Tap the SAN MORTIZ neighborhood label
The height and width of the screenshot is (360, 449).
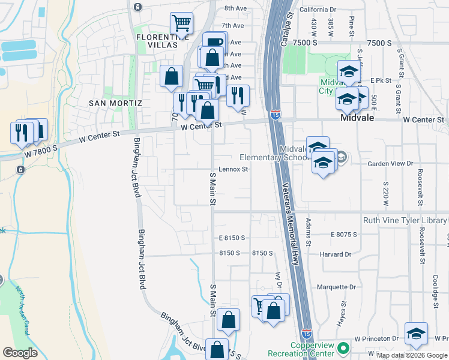pyautogui.click(x=115, y=103)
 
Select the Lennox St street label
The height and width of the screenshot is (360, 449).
pyautogui.click(x=233, y=170)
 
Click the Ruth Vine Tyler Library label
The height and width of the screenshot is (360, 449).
pyautogui.click(x=405, y=220)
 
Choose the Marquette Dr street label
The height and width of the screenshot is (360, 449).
pyautogui.click(x=336, y=287)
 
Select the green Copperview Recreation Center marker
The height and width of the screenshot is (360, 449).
pyautogui.click(x=343, y=348)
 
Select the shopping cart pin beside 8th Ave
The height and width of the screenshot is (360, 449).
pyautogui.click(x=182, y=24)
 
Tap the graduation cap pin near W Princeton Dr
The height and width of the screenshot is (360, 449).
pyautogui.click(x=416, y=333)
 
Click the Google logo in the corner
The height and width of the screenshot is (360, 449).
pyautogui.click(x=20, y=353)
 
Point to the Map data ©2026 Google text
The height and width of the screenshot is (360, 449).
pyautogui.click(x=412, y=356)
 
